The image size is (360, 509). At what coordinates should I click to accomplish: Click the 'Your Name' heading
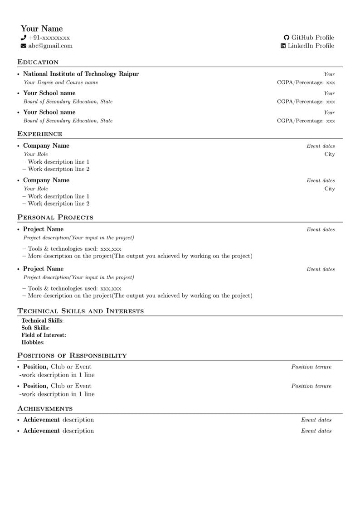(42, 29)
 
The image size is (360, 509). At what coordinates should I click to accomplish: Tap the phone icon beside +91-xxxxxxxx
(23, 38)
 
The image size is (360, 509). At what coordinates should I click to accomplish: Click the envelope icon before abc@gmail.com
(23, 46)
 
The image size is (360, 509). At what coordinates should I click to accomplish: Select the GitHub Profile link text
(312, 38)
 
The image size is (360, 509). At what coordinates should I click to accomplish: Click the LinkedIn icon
(283, 46)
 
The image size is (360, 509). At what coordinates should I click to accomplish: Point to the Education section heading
(38, 62)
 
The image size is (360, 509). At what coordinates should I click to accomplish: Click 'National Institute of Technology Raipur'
(81, 74)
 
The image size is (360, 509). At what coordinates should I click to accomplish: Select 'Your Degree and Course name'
(61, 82)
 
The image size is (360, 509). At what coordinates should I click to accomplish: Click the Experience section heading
(39, 134)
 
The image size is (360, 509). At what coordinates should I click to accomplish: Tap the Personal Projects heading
(55, 217)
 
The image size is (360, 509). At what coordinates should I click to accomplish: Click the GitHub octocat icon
(287, 38)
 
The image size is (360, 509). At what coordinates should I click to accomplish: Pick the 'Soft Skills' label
(35, 328)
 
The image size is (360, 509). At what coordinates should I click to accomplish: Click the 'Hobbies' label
(32, 342)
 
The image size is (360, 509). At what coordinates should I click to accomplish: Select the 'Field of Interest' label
(43, 335)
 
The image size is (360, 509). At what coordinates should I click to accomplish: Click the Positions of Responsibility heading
(72, 355)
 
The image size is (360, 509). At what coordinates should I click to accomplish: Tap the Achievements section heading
(45, 408)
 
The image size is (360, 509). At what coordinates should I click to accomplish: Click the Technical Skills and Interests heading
(80, 311)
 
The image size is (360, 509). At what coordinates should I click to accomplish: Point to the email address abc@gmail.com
(50, 46)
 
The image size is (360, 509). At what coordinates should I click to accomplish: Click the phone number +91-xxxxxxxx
(49, 38)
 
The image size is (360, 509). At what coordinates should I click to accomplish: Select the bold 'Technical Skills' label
(42, 320)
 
